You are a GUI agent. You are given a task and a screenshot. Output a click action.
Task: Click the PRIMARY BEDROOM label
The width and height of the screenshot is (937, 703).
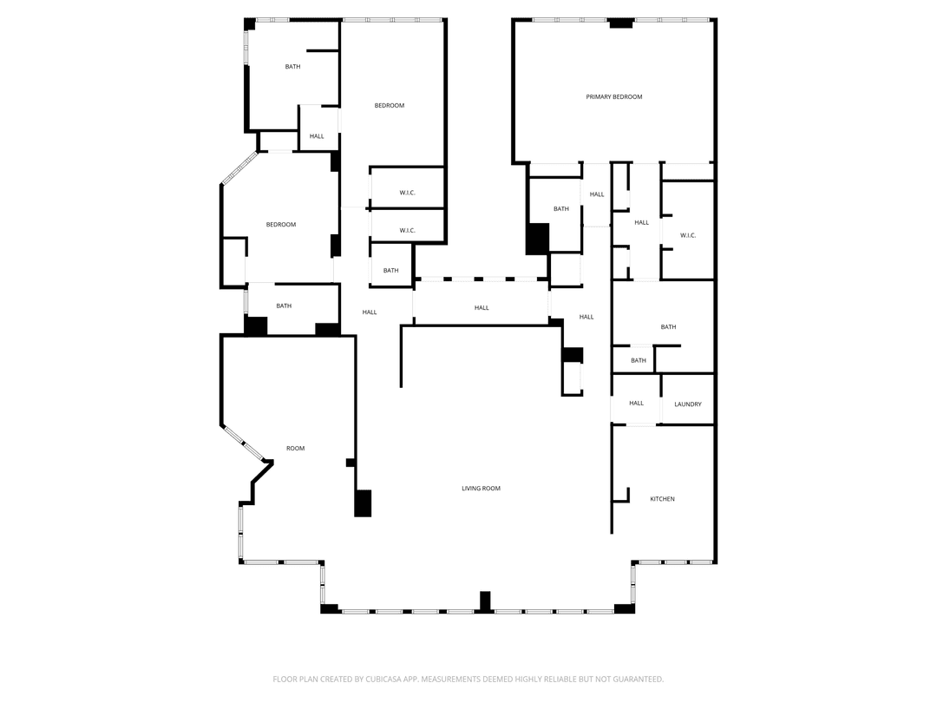[613, 97]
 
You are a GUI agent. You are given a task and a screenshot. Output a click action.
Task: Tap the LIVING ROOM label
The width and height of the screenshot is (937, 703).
[481, 489]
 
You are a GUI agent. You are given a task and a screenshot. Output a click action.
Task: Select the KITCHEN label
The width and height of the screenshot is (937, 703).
[662, 499]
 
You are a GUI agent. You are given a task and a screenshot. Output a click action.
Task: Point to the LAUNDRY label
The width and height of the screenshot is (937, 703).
[688, 404]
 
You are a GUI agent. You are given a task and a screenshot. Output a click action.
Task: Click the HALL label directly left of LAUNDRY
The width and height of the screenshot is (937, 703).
[637, 404]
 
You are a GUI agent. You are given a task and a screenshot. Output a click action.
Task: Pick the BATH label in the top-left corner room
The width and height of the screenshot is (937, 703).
[293, 67]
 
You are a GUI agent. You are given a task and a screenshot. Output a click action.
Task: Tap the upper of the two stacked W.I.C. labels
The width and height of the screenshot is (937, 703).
[408, 193]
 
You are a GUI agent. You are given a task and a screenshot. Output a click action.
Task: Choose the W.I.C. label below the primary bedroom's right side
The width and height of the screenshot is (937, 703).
[688, 235]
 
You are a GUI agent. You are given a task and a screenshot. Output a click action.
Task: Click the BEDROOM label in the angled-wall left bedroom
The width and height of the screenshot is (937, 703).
[281, 225]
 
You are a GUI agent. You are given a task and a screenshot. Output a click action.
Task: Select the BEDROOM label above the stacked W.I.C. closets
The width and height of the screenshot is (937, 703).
[390, 106]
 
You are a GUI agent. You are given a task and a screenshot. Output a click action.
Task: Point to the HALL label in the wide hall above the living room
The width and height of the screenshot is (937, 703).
[482, 308]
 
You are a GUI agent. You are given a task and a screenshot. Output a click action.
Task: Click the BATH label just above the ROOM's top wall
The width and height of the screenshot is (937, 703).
[284, 306]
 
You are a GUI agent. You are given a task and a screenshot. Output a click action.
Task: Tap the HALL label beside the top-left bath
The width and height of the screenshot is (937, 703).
[317, 136]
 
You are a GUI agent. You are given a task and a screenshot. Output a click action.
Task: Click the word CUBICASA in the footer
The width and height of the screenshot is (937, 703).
[383, 679]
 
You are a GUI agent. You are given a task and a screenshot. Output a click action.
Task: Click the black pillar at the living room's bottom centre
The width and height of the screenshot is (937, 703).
[485, 602]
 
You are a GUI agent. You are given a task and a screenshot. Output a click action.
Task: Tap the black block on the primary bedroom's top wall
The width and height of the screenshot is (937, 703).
[621, 23]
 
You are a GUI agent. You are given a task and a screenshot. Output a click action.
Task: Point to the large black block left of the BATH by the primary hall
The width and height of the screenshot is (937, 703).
[537, 240]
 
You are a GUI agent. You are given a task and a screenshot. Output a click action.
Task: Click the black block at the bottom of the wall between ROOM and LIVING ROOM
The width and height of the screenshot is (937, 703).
[363, 503]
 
